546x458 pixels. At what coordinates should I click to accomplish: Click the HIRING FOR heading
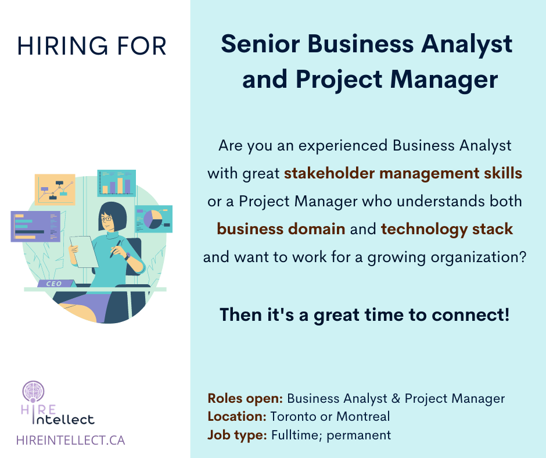tap(92, 46)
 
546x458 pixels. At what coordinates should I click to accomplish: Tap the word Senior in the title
tap(260, 44)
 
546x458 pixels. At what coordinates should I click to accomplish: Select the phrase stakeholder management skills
tap(403, 173)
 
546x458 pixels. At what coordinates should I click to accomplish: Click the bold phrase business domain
tap(281, 229)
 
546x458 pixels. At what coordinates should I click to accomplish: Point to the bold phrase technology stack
tap(447, 229)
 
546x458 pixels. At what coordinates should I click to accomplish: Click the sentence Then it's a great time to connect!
tap(365, 315)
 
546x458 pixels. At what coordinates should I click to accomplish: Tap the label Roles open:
tap(245, 398)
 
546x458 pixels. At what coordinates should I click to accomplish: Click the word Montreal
tap(363, 417)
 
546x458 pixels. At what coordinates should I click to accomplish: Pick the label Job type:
tap(237, 435)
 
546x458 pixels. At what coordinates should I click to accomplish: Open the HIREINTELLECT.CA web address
tap(71, 440)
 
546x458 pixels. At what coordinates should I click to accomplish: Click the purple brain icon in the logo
tap(34, 391)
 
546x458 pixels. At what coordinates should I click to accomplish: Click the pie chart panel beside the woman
tap(153, 219)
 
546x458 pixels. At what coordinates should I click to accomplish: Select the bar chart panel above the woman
tap(116, 183)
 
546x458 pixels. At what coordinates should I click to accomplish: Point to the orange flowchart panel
tap(55, 189)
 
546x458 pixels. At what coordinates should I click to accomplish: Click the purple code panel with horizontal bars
tap(35, 227)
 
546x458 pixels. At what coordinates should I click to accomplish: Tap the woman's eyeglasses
tap(106, 219)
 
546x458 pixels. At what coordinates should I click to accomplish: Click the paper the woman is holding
tap(84, 252)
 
